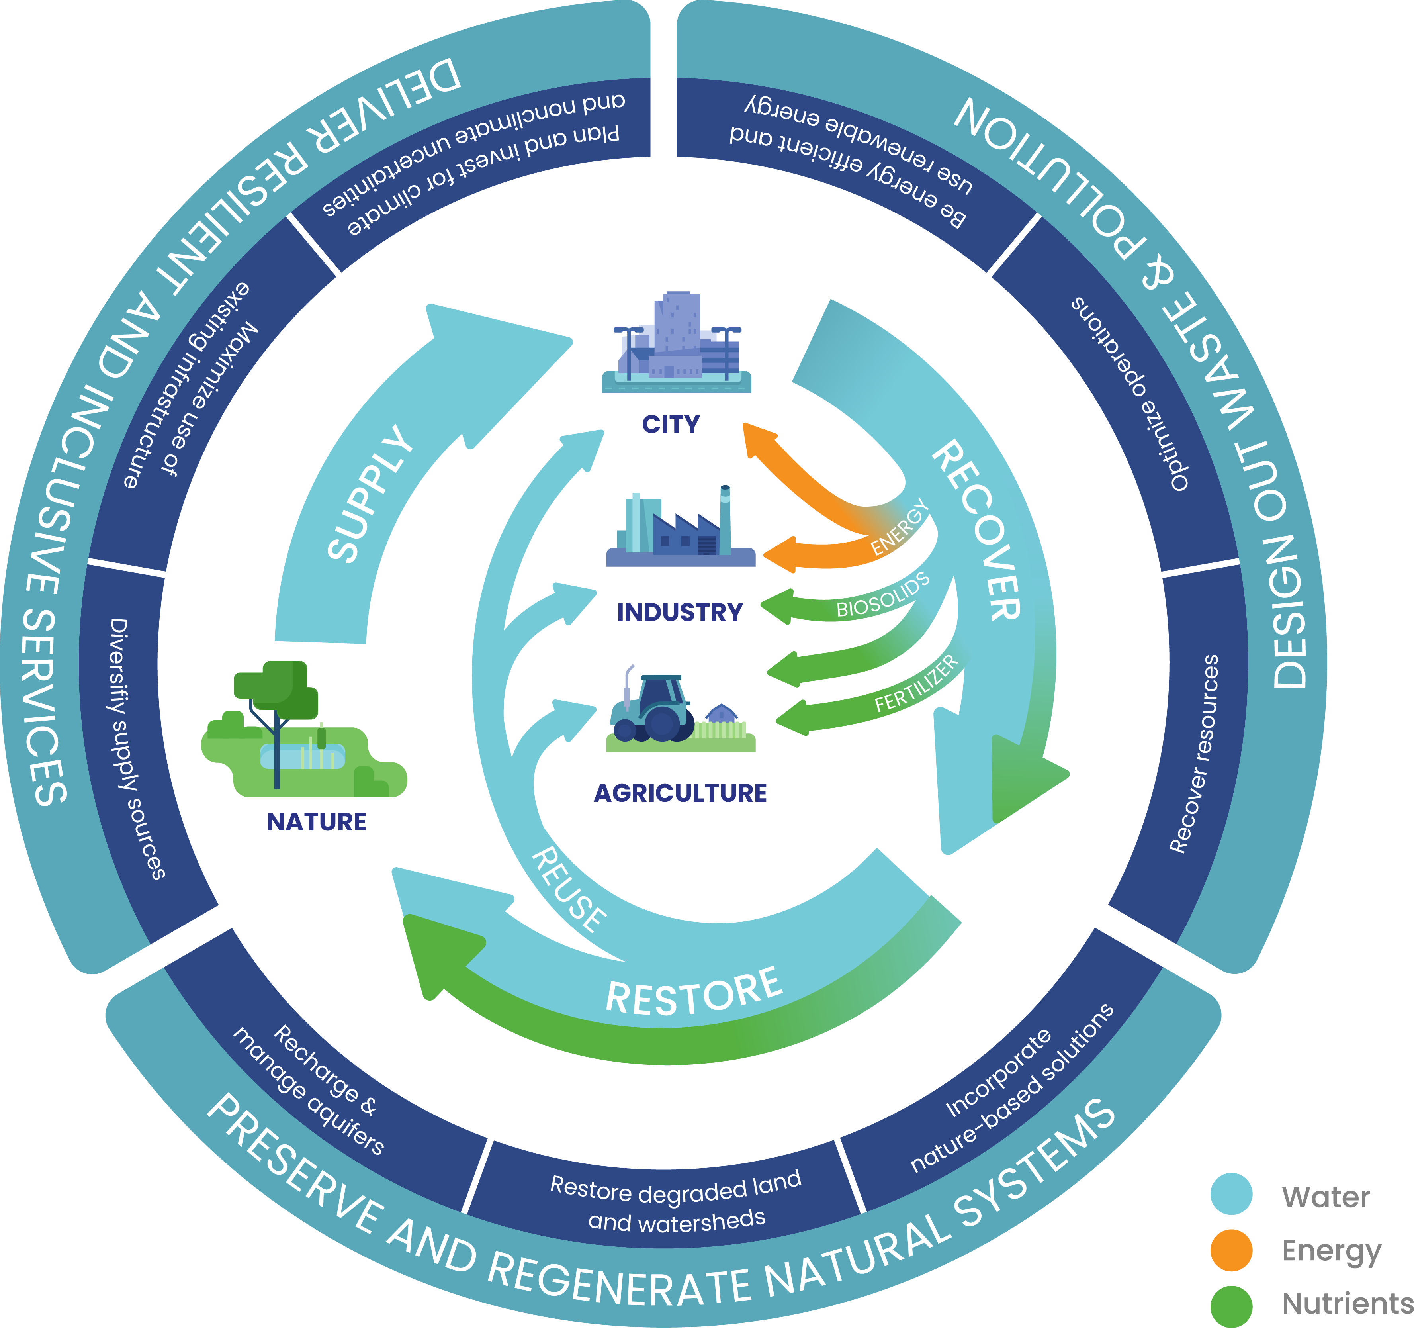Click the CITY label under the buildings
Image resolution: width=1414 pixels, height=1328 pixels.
(x=671, y=425)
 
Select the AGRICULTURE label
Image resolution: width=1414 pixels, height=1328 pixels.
(x=680, y=793)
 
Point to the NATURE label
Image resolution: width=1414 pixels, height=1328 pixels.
(x=317, y=822)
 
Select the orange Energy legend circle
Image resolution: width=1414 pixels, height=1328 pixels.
(x=1231, y=1250)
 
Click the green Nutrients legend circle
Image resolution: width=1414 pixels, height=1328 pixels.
(x=1231, y=1305)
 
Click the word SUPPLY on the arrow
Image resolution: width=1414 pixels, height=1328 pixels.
(x=370, y=494)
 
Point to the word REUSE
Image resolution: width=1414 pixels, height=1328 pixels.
(x=569, y=889)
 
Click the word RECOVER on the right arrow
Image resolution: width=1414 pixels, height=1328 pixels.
(x=978, y=530)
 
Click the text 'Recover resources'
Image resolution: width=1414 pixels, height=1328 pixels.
(x=1195, y=754)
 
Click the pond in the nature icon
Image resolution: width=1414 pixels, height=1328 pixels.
(x=302, y=755)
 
